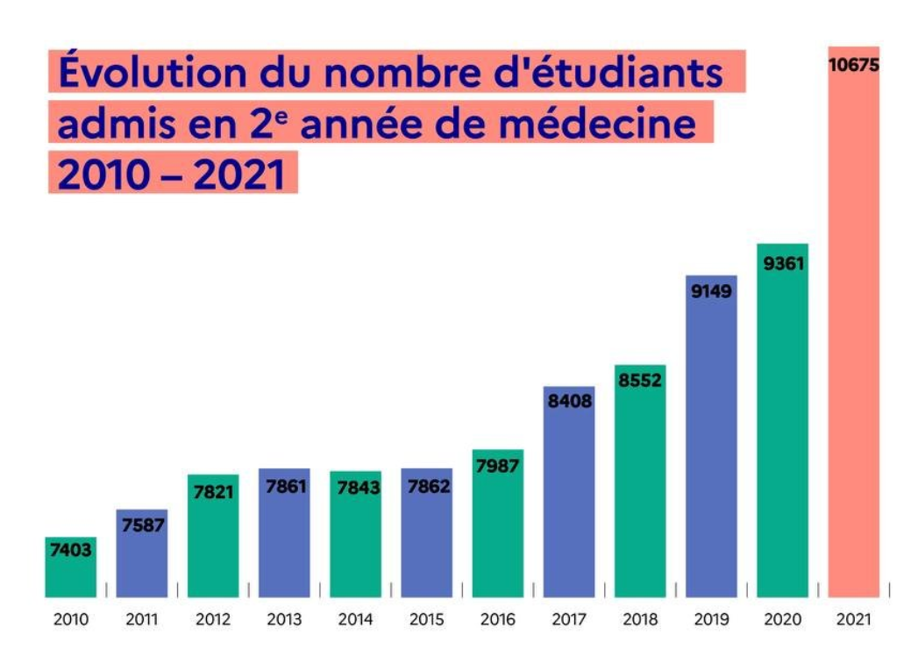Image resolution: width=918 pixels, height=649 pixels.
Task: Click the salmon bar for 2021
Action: [853, 333]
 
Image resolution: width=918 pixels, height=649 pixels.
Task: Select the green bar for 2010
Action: [70, 574]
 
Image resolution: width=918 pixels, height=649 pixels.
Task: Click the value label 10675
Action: [853, 65]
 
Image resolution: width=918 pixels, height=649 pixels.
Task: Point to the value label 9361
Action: [783, 262]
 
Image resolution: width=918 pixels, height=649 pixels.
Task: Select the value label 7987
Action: [497, 466]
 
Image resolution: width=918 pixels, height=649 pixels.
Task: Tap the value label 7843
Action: [355, 487]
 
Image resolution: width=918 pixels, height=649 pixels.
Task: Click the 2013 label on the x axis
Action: [284, 620]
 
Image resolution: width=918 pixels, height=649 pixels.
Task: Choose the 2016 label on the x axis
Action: [497, 620]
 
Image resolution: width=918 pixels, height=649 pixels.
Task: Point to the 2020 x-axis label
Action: [783, 620]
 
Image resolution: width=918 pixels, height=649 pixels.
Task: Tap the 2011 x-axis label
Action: [141, 620]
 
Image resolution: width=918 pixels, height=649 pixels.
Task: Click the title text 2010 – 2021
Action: [172, 175]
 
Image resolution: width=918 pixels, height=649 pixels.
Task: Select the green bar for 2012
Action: [213, 544]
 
